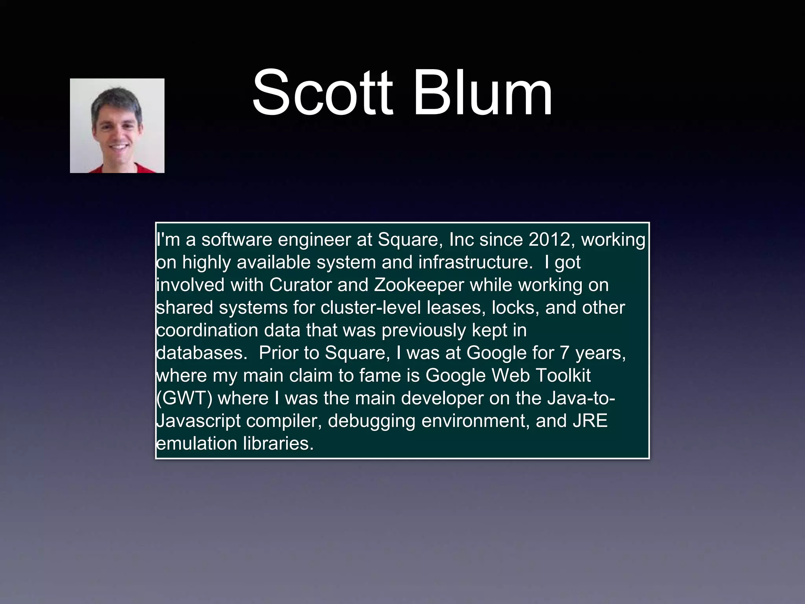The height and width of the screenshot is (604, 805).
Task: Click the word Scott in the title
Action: tap(322, 94)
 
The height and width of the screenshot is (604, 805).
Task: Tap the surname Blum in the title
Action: tap(483, 94)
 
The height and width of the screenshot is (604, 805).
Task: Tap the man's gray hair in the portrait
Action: tap(116, 97)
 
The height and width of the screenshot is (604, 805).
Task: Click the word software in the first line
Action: tap(237, 239)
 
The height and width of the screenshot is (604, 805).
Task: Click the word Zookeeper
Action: tap(419, 285)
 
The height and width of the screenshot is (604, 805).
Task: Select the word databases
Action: tap(202, 353)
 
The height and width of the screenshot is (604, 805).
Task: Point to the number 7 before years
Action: tap(564, 353)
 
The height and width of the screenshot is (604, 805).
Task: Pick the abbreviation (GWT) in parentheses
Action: tap(184, 398)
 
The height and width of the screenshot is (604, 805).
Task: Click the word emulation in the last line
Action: tap(196, 443)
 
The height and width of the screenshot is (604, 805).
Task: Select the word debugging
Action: tap(371, 421)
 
